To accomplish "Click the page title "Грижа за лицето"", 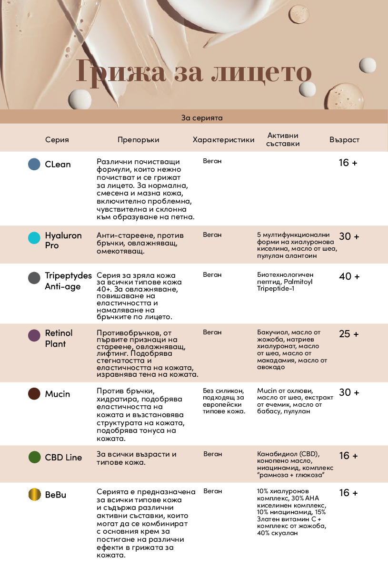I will [x=194, y=73].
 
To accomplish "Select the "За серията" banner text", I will [x=202, y=117].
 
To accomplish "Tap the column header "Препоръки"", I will [x=139, y=140].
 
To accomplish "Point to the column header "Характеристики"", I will [x=223, y=140].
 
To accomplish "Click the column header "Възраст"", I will [x=344, y=140].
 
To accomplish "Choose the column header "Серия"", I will [x=57, y=140].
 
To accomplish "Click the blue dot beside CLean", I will [x=34, y=164].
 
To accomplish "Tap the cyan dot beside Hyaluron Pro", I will [x=34, y=238].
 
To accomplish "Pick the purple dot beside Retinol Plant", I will [x=34, y=335].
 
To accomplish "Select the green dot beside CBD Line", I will [x=34, y=457].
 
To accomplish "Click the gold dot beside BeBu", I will [x=34, y=495].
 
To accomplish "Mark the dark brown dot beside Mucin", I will [x=34, y=394].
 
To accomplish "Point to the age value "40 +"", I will [x=349, y=276].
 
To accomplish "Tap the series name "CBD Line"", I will [x=63, y=458].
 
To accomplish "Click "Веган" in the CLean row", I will [x=212, y=161].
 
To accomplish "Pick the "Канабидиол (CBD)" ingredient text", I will [x=288, y=454].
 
